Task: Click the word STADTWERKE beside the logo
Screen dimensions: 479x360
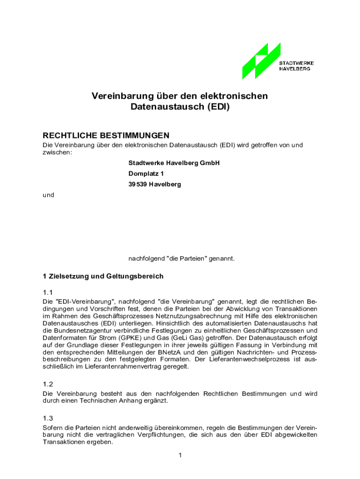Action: tap(296, 63)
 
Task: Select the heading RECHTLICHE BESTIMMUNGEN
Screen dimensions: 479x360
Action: tap(106, 136)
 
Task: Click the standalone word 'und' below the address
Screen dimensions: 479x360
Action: tap(49, 195)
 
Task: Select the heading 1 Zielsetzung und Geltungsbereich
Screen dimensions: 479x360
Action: tap(103, 276)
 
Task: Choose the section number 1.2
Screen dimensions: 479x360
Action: tap(48, 384)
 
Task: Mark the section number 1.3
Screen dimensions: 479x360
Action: tap(48, 418)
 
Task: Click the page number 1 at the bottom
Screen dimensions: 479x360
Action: tap(180, 455)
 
